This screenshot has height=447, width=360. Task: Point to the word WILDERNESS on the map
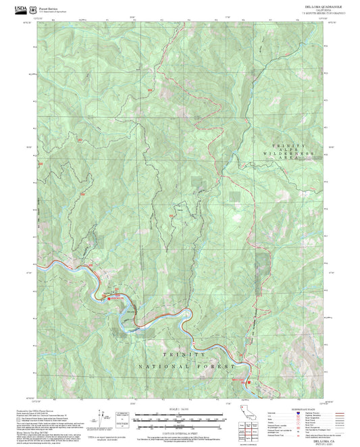tap(290, 154)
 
